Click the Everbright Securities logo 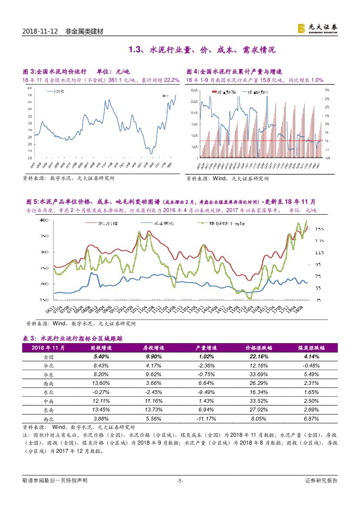coord(317,28)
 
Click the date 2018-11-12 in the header coord(39,32)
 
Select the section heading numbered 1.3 coord(202,50)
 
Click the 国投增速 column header coord(101,348)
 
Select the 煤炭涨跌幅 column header coord(311,348)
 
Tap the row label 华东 coord(48,374)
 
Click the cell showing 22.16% coord(259,357)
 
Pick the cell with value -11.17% coord(206,418)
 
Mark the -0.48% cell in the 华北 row coord(311,365)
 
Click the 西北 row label coord(48,418)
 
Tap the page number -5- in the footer coord(180,481)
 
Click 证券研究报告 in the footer coord(321,481)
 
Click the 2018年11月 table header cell coord(48,348)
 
